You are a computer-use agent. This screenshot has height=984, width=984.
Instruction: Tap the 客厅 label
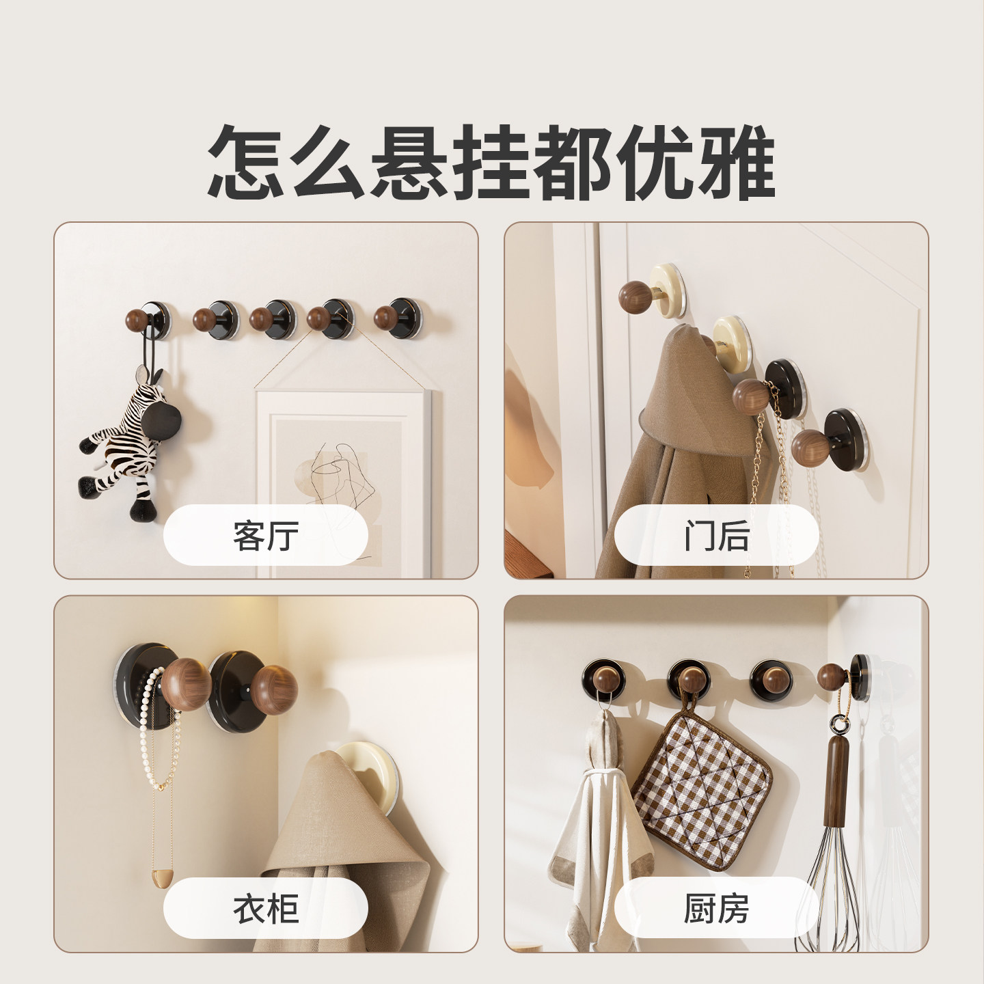coord(266,535)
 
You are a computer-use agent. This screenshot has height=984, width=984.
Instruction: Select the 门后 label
coord(716,535)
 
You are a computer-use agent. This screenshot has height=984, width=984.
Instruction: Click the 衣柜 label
coord(266,908)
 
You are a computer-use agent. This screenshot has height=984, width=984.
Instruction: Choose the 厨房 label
coord(716,908)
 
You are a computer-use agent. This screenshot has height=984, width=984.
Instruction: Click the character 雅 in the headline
coord(737,162)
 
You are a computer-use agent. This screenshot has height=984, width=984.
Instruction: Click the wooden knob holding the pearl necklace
coord(186,680)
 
